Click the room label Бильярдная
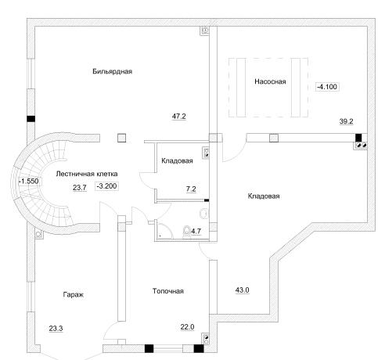click(113, 71)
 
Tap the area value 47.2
click(179, 117)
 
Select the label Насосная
click(270, 81)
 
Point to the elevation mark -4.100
click(327, 87)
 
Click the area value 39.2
click(347, 121)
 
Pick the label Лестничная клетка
click(87, 174)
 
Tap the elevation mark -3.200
click(106, 186)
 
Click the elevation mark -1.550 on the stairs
click(29, 181)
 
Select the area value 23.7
click(80, 188)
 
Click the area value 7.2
click(191, 189)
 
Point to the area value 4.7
click(196, 231)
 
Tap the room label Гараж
click(74, 295)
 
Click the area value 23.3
click(56, 329)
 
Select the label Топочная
click(168, 291)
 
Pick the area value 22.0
click(187, 327)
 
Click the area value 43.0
click(243, 290)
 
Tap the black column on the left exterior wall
click(31, 119)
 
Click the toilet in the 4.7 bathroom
click(187, 231)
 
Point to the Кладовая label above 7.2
click(177, 160)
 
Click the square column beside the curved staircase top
click(122, 138)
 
